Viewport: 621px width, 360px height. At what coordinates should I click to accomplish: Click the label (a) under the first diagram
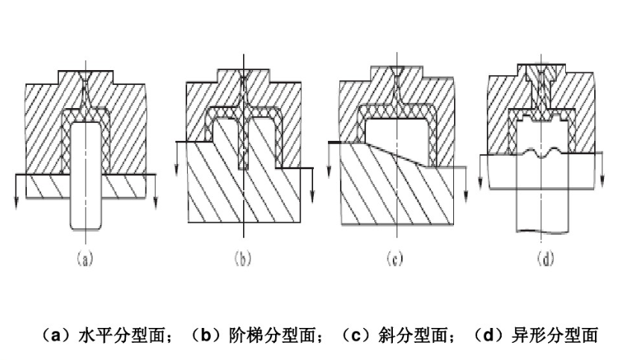[84, 260]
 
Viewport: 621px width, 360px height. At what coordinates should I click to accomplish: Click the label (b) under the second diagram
[242, 260]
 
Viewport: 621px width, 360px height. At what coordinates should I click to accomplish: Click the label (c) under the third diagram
[396, 260]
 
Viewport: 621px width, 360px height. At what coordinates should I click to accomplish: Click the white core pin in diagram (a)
[85, 179]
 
